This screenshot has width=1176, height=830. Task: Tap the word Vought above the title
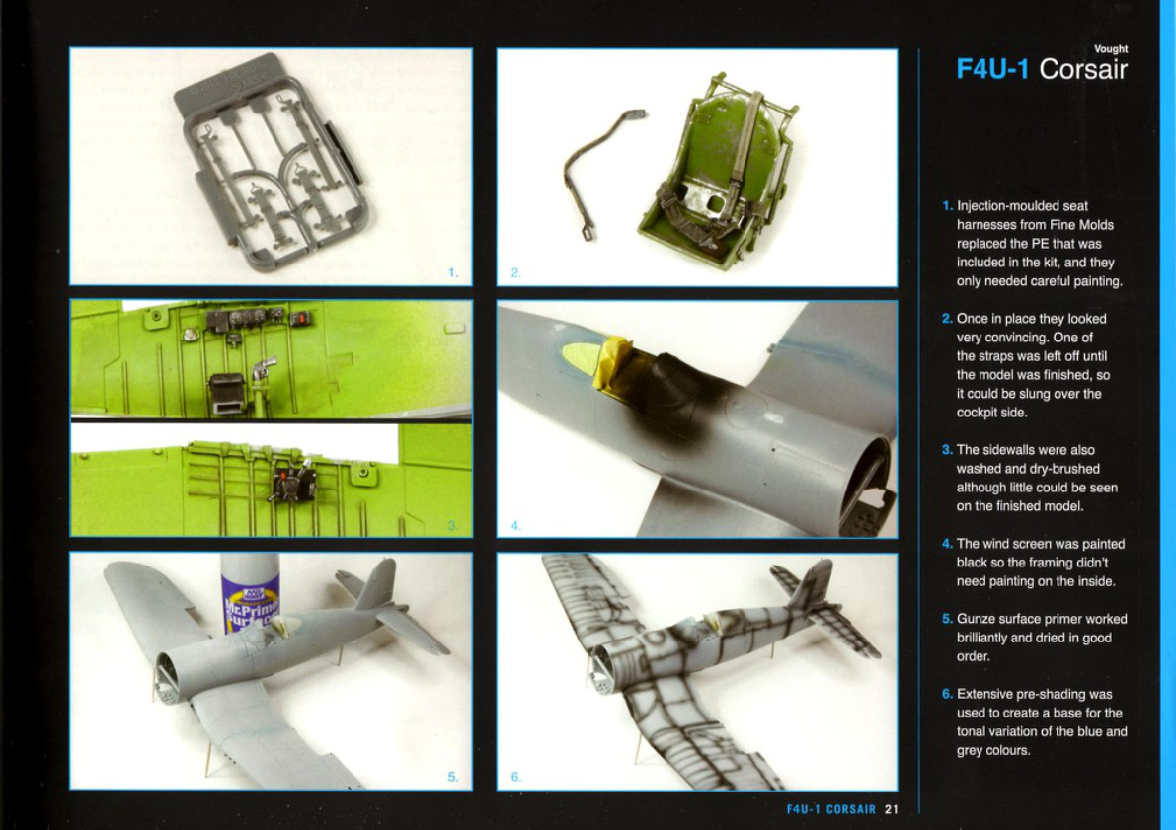1111,48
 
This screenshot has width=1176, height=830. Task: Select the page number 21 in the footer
891,809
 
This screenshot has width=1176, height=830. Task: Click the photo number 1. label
453,273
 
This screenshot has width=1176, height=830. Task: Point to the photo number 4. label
516,526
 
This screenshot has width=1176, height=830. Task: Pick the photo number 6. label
516,777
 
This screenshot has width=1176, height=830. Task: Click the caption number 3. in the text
947,450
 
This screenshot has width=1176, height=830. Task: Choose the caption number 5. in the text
947,619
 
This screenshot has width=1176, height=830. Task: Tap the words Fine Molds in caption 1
1080,225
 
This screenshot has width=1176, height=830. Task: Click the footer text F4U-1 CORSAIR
831,809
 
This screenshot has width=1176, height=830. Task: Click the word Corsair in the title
1083,69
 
